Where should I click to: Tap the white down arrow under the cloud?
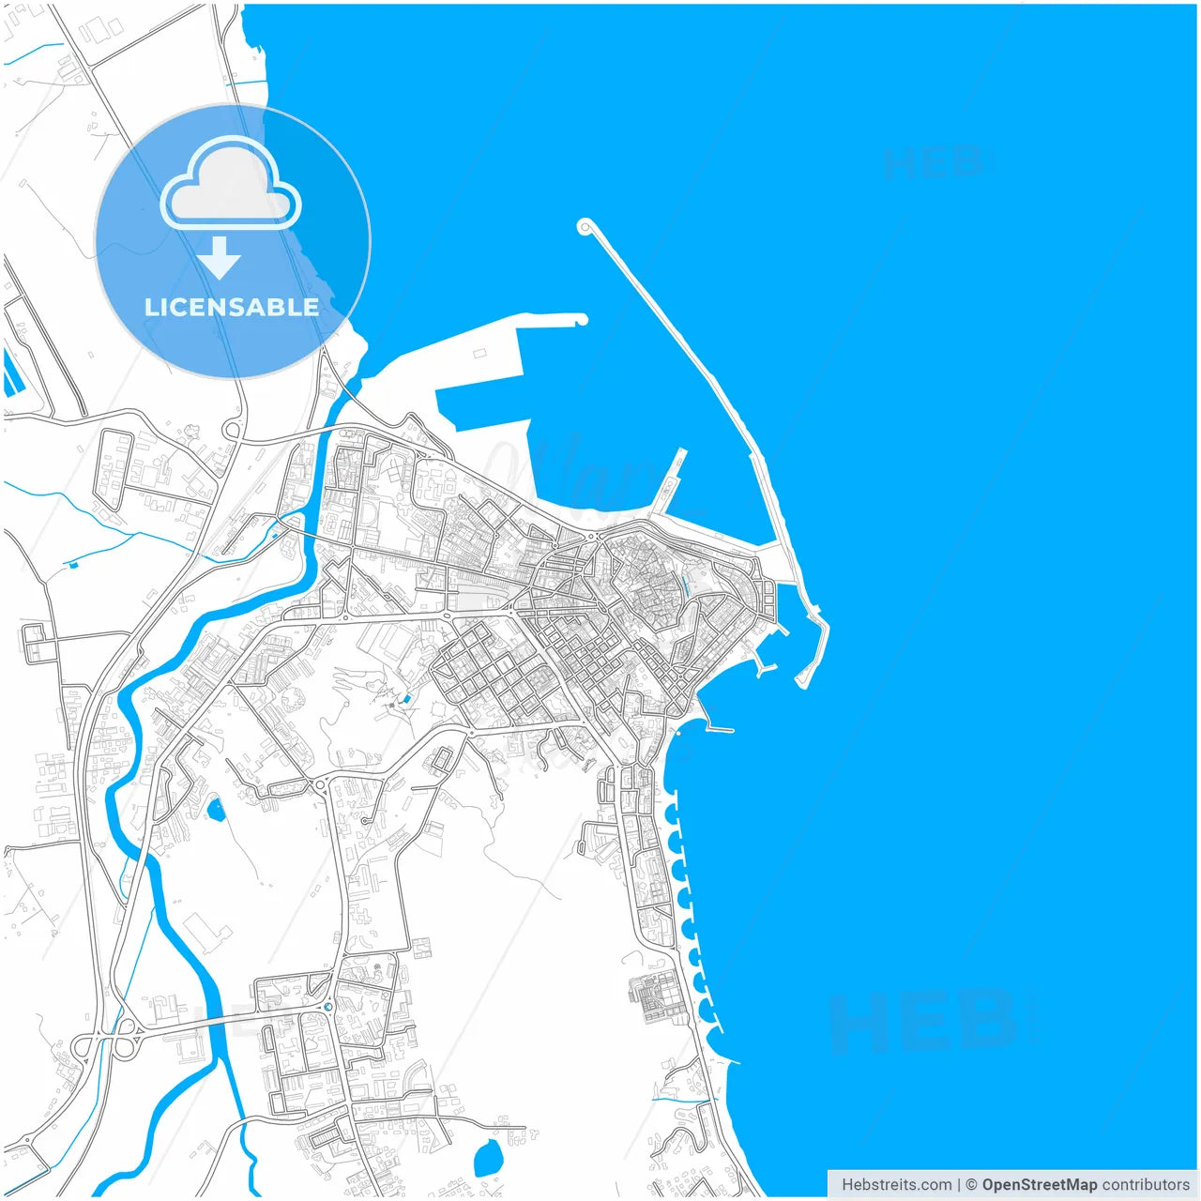click(220, 257)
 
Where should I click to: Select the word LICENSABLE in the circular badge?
click(232, 307)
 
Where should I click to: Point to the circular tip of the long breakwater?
click(585, 226)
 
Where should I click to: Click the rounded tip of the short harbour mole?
click(582, 320)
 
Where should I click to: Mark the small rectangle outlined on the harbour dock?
click(479, 354)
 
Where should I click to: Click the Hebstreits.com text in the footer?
click(896, 1185)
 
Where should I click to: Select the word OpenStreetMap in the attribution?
click(1039, 1185)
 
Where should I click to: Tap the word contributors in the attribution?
click(1146, 1185)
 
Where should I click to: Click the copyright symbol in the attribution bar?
click(971, 1185)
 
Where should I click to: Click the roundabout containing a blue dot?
click(327, 1008)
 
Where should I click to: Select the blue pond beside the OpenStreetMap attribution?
click(488, 1160)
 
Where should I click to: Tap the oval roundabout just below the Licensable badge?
click(231, 431)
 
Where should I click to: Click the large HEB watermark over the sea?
click(924, 1023)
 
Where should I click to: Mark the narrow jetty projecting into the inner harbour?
click(670, 482)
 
